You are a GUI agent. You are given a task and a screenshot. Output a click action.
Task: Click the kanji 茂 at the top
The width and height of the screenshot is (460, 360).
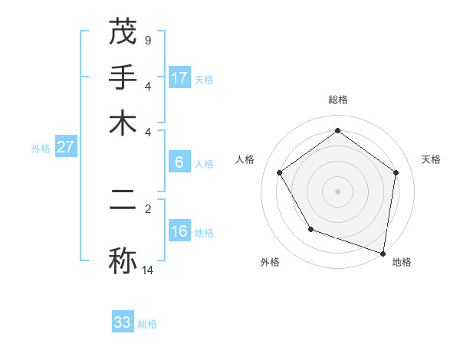[x=123, y=32]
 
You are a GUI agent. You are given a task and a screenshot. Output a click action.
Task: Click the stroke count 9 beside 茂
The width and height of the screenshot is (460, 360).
[x=147, y=40]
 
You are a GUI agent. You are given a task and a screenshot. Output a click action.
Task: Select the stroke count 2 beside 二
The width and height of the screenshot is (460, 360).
[x=147, y=208]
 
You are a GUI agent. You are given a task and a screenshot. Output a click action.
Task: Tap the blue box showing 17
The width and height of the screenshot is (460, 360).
[x=179, y=77]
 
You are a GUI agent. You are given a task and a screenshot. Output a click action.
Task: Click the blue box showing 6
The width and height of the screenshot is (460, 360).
[x=179, y=162]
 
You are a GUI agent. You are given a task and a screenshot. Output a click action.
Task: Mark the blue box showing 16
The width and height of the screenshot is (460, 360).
[x=179, y=231]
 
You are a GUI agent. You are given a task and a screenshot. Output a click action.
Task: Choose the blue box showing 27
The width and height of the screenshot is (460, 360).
[x=65, y=147]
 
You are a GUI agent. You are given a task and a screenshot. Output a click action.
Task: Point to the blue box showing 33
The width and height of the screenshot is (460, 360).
[x=123, y=322]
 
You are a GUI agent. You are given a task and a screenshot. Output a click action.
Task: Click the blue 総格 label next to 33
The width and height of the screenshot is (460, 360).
[x=147, y=324]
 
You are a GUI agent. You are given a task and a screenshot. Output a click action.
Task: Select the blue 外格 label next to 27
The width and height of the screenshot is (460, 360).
[x=41, y=149]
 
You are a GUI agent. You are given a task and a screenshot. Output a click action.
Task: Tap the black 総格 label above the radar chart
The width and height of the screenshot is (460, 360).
[x=337, y=100]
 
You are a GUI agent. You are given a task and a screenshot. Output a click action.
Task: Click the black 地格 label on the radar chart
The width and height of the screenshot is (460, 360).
[x=402, y=262]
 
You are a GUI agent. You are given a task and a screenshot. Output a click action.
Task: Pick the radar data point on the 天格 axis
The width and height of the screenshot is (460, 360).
[x=396, y=172]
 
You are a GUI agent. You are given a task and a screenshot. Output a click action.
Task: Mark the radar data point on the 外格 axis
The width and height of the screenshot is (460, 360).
[x=310, y=229]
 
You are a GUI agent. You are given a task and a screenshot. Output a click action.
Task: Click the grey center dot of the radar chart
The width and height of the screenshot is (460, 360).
[x=337, y=191]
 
